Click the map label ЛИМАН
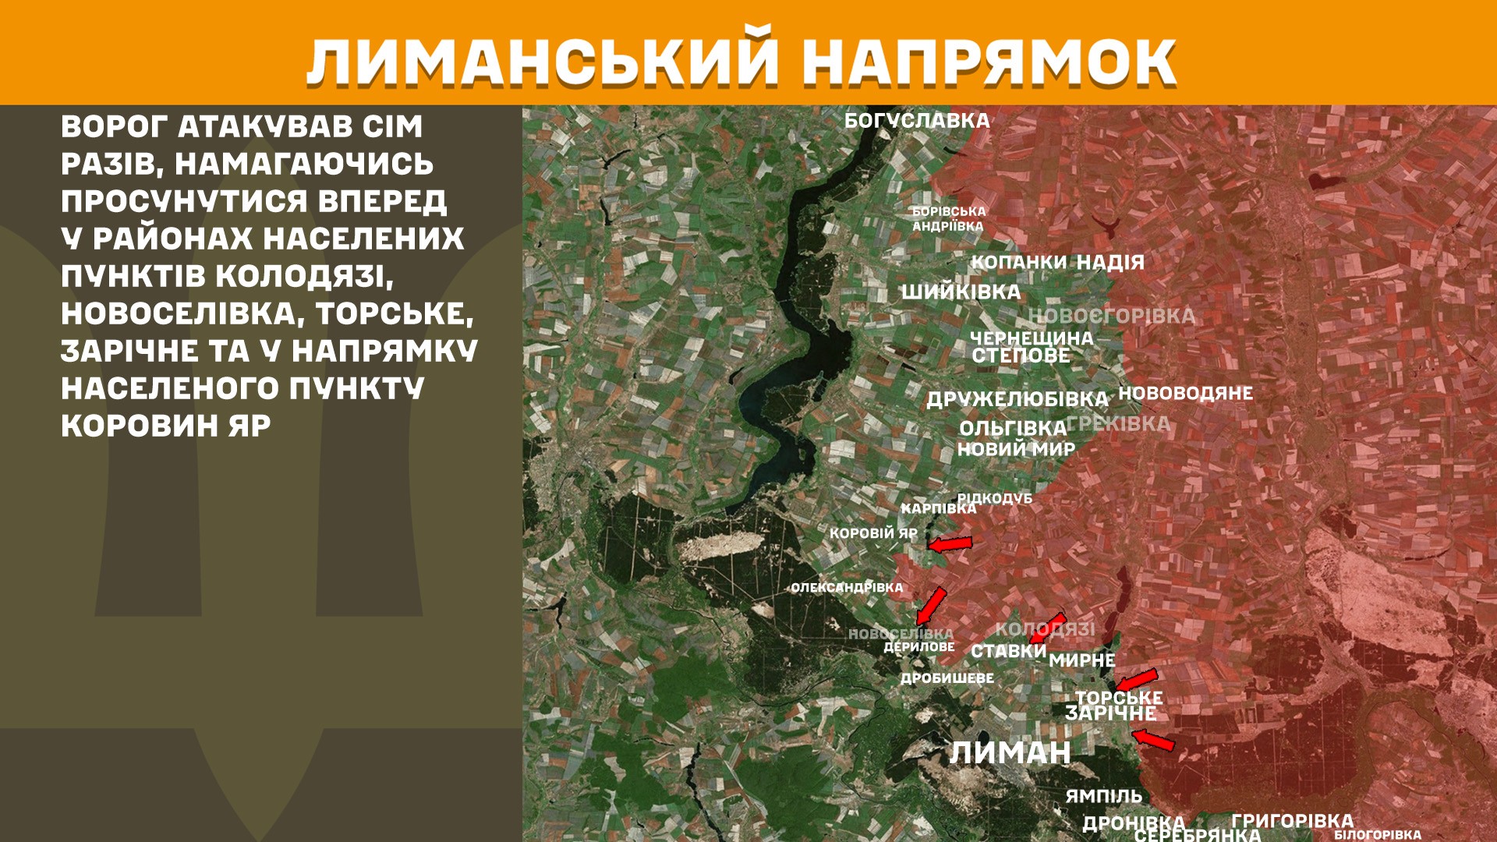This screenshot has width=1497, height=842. [1010, 752]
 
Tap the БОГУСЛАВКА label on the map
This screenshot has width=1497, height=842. [917, 121]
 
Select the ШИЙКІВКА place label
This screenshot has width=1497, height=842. [961, 292]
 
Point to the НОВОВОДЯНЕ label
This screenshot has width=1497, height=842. [1185, 393]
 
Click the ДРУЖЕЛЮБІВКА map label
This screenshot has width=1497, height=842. [1017, 399]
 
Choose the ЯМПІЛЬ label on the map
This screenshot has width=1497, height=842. [1103, 796]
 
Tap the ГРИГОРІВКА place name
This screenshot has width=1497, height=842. [1292, 820]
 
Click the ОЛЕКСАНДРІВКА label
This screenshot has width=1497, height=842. [847, 588]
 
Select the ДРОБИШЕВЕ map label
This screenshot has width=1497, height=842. [947, 678]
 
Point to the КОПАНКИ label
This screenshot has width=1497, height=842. [1017, 263]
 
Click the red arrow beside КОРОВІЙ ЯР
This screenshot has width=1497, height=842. [950, 543]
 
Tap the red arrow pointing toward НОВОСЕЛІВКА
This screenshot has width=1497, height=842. [931, 606]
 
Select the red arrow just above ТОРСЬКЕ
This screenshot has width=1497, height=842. [1135, 680]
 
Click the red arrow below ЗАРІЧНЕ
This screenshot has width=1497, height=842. [1152, 739]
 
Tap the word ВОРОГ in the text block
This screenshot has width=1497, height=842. [114, 126]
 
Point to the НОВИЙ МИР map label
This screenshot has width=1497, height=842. [1015, 449]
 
